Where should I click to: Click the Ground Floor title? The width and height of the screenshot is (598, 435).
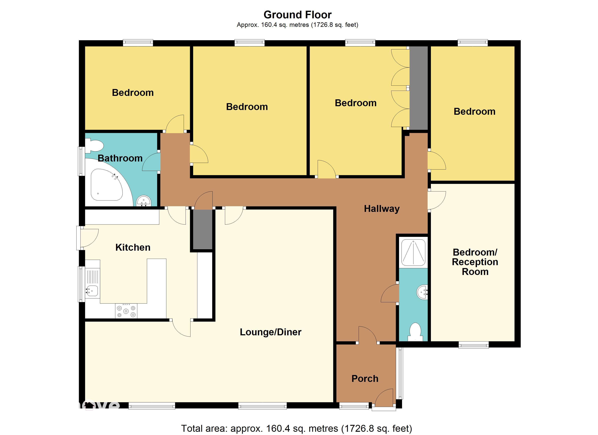297,15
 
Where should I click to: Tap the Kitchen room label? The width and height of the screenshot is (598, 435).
133,247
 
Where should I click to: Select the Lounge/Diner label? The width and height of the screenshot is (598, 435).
271,332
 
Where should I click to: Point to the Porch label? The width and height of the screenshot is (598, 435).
365,379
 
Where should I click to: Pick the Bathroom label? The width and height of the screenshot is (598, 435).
120,158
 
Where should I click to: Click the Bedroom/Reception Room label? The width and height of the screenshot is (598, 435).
475,262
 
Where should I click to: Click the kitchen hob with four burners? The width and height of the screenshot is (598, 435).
126,311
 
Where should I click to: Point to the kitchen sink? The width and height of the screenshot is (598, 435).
92,291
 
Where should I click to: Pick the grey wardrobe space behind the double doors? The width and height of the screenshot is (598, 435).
418,88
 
